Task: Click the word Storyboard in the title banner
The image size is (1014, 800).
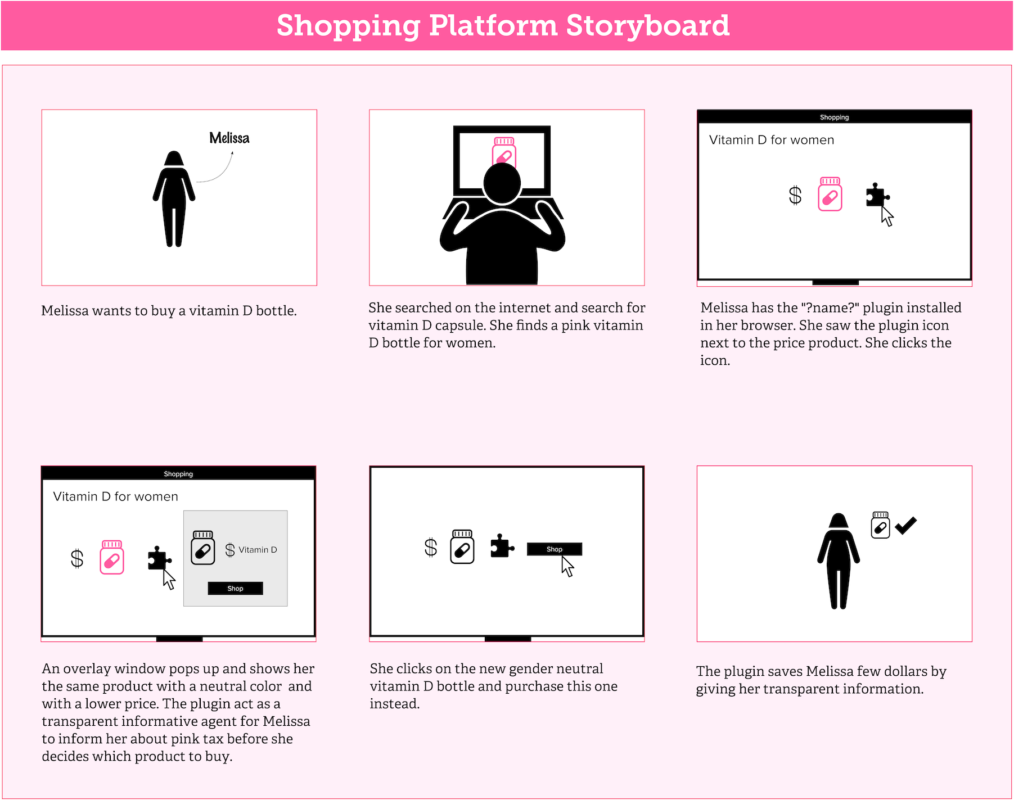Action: (x=648, y=25)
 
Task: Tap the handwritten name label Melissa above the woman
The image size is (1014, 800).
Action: (x=229, y=138)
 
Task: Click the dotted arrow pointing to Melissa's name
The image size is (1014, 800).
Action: (x=218, y=171)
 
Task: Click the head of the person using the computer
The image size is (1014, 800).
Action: (x=502, y=183)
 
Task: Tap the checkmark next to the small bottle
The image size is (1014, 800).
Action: (x=906, y=525)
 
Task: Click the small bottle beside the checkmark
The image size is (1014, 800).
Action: (x=881, y=525)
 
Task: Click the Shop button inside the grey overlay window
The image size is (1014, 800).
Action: (x=235, y=588)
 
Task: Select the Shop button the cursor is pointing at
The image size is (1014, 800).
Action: (x=554, y=549)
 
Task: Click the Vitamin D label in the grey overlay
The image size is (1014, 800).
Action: (x=258, y=550)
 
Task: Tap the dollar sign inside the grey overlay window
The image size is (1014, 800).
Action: (x=230, y=550)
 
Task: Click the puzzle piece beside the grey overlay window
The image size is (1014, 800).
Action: (x=159, y=558)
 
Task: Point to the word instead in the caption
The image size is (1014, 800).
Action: (x=395, y=704)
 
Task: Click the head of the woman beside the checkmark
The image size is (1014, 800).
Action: (x=839, y=521)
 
